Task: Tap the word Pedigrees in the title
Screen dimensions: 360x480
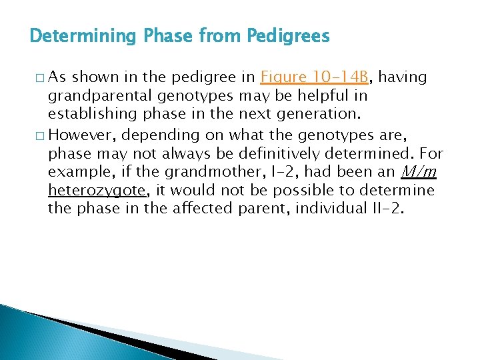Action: pos(289,35)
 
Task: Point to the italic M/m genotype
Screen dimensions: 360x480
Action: pos(419,172)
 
